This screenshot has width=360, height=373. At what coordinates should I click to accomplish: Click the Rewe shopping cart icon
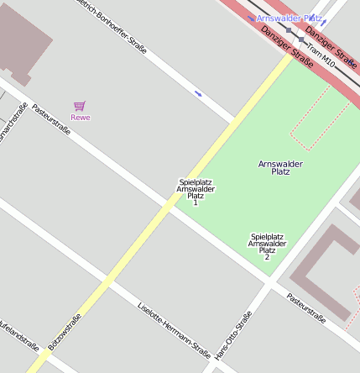(80, 106)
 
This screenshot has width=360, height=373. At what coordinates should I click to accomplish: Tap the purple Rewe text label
(80, 118)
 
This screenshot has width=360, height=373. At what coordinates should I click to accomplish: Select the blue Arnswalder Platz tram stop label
(290, 18)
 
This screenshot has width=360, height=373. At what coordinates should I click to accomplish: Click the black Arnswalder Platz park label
(280, 167)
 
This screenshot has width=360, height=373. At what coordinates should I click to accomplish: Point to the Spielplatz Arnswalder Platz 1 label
(196, 192)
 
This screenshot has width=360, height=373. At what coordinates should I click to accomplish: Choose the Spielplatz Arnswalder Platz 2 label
(267, 246)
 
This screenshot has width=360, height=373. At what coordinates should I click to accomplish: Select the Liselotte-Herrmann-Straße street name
(174, 328)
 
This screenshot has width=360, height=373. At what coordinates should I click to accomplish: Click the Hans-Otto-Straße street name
(233, 335)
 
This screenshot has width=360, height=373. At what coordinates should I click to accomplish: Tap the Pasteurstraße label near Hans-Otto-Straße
(305, 307)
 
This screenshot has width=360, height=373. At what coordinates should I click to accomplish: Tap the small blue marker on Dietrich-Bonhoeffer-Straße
(198, 93)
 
